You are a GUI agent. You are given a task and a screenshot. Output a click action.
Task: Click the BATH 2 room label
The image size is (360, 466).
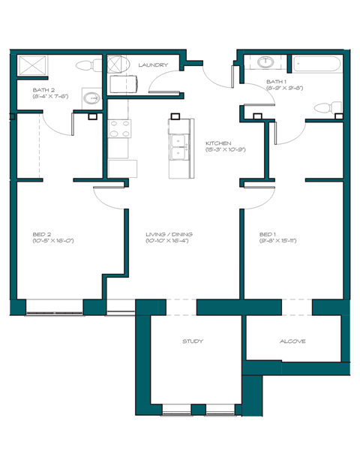43,89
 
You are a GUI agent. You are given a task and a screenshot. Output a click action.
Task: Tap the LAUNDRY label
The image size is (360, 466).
152,65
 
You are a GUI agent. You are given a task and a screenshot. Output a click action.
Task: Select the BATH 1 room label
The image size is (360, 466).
277,80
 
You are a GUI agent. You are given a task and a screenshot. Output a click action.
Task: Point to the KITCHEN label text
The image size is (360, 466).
217,143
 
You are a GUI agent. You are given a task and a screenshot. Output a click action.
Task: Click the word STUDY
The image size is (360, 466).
193,341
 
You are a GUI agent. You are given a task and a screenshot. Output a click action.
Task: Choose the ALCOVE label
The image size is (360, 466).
292,341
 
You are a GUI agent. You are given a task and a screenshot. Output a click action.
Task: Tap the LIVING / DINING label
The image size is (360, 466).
169,234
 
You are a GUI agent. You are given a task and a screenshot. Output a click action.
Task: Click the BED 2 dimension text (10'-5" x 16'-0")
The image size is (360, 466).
52,241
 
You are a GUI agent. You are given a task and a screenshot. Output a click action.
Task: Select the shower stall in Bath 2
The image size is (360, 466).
32,65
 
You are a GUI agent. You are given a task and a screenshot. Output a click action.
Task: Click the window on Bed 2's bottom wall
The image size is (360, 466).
55,308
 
